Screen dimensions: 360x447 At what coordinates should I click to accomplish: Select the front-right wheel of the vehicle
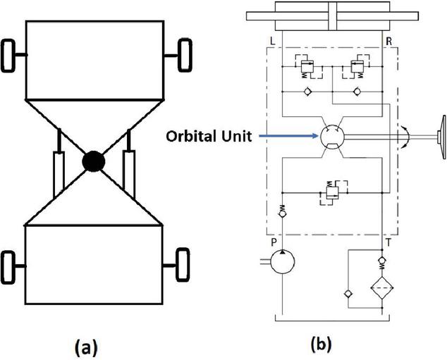tap(185, 54)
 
